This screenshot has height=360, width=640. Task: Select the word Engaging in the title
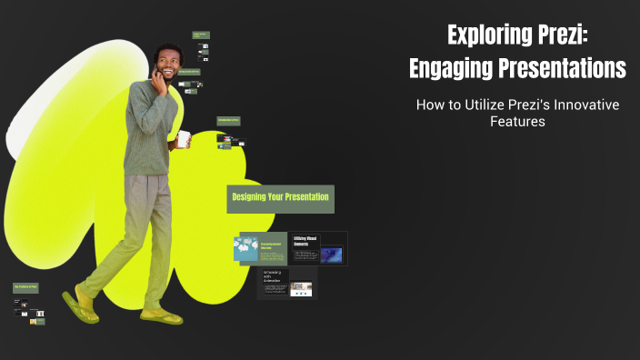(454, 67)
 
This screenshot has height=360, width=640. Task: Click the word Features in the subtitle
(516, 121)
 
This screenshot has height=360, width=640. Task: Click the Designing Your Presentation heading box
(280, 197)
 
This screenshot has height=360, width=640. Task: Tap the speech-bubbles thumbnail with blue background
(245, 246)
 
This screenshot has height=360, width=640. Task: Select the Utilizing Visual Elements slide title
(305, 242)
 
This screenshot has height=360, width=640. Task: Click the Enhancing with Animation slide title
(274, 277)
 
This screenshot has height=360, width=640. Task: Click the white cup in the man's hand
(184, 138)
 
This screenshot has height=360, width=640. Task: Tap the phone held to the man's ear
(156, 76)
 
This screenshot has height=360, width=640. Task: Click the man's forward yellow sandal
(162, 316)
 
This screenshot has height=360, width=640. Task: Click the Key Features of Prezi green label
(25, 287)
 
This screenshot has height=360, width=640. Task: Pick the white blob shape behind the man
(36, 109)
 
